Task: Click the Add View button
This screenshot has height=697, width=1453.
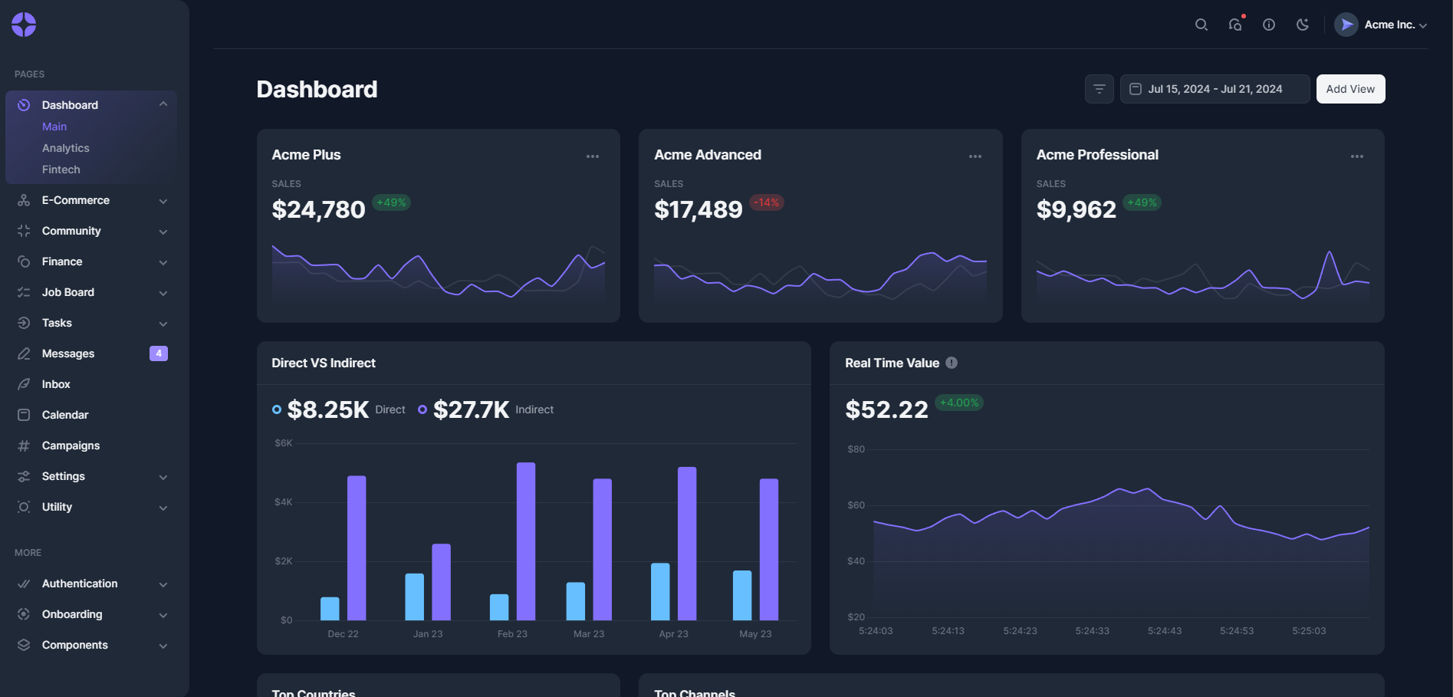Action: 1350,89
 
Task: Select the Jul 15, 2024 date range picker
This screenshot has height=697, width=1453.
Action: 1215,89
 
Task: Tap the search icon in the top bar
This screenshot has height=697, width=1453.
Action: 1202,25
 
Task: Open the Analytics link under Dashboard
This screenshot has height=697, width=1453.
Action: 66,148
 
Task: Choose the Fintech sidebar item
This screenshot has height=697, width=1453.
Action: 61,169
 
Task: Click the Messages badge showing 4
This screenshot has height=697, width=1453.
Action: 159,353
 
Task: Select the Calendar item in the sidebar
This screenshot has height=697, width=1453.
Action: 65,415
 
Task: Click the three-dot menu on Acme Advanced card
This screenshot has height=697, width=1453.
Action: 975,156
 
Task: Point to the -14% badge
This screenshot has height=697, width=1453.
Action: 766,202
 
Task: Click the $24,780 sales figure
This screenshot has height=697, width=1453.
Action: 318,209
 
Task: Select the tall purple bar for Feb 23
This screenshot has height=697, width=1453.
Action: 526,541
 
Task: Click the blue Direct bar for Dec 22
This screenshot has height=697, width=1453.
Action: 330,608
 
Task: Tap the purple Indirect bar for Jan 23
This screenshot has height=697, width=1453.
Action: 441,581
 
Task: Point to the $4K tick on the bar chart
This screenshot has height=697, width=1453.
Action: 283,502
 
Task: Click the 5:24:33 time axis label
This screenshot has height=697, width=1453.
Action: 1092,631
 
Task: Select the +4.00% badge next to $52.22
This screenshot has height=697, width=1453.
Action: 959,403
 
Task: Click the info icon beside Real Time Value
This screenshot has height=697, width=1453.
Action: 952,363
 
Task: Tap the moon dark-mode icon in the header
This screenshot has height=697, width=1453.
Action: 1302,25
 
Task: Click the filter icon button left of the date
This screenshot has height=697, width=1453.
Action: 1099,89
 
